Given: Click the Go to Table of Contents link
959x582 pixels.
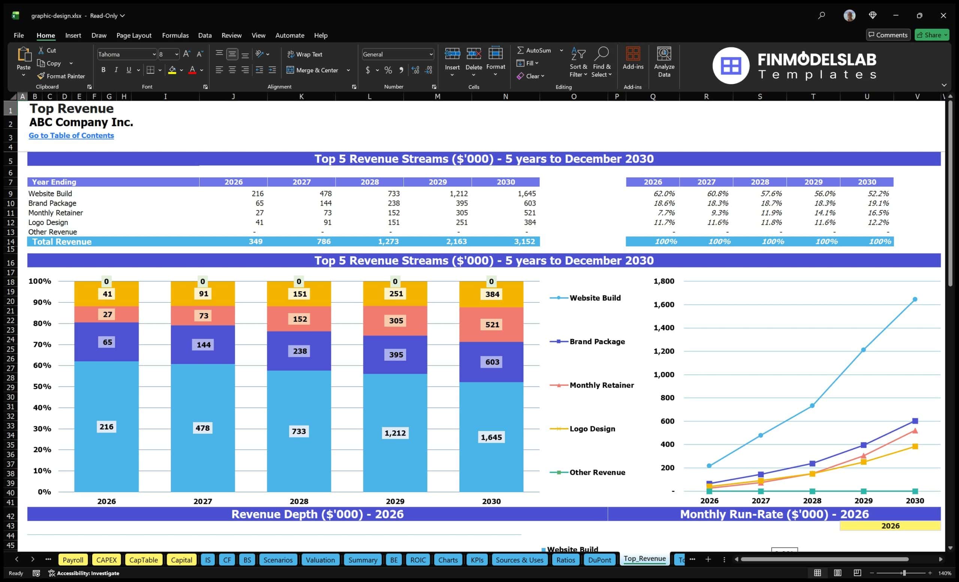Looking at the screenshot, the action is (71, 135).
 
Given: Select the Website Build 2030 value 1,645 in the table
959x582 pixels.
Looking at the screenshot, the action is (527, 193).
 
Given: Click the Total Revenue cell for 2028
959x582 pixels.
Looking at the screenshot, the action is (388, 242).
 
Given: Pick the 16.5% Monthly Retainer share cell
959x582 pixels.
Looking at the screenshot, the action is (878, 213).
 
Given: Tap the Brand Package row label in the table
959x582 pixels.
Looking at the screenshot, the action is (52, 203).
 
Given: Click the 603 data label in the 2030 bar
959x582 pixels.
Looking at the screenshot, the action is (492, 362).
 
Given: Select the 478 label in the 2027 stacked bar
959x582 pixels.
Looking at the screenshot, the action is (202, 428).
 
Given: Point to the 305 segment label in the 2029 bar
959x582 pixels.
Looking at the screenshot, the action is (396, 321).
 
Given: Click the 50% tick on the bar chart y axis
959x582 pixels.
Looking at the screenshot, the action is (42, 386).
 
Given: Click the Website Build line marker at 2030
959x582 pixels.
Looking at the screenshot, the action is (915, 299).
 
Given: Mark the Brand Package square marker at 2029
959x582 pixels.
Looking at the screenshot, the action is (863, 445).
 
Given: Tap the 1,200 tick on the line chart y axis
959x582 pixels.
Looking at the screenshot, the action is (663, 351).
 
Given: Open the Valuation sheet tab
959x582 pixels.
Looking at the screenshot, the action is (320, 560).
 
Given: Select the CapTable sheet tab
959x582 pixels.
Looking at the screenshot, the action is (143, 560).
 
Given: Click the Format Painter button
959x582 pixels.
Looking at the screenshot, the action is (61, 76).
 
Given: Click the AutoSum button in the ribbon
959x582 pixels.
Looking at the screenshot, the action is (534, 50).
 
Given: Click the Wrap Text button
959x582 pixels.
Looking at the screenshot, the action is (305, 54).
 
